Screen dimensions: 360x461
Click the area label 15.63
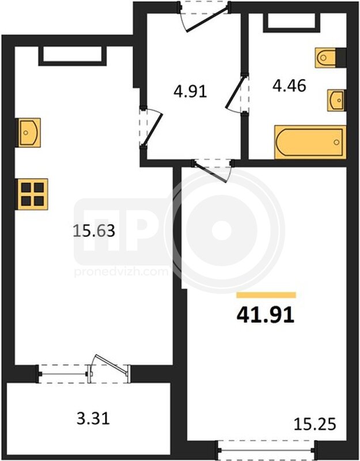[x=94, y=231]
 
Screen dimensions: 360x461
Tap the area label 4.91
[x=190, y=92]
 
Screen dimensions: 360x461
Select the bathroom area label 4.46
[x=289, y=86]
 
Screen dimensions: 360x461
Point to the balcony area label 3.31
[x=93, y=418]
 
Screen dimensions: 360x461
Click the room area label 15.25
[x=314, y=424]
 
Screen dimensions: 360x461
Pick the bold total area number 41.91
[x=266, y=315]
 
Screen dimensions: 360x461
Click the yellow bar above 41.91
[x=266, y=295]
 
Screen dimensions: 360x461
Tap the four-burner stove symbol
[x=32, y=194]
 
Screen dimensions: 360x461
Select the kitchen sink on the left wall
[x=29, y=133]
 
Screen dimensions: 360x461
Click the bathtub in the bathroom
[x=310, y=142]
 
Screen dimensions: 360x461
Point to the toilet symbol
[x=325, y=58]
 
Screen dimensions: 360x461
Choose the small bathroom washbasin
[x=336, y=100]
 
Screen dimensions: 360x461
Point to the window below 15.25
[x=266, y=450]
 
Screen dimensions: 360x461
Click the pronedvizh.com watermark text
[x=121, y=271]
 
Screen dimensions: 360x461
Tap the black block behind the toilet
[x=341, y=58]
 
